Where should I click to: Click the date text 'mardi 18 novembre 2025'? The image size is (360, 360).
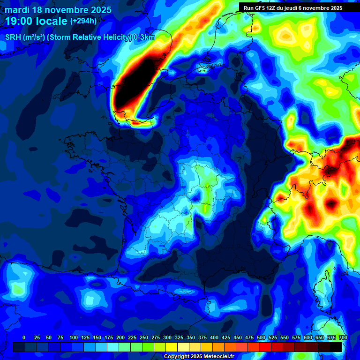(59, 10)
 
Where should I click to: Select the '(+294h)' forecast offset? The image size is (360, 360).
(83, 21)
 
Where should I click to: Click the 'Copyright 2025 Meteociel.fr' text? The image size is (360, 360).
(199, 356)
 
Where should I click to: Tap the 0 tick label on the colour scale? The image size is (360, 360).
(24, 337)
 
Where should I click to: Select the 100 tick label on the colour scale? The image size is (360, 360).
(74, 337)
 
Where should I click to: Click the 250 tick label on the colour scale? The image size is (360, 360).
(144, 337)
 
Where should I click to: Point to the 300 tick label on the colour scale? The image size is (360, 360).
(167, 337)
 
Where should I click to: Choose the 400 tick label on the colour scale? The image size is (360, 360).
(214, 337)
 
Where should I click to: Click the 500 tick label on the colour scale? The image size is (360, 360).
(261, 337)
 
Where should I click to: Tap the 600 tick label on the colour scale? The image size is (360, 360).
(308, 337)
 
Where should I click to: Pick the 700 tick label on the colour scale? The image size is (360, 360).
(343, 337)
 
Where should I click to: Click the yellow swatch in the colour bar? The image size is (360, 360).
(172, 347)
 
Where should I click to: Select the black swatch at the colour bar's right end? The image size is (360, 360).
(336, 347)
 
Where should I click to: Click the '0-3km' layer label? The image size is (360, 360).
(145, 38)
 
